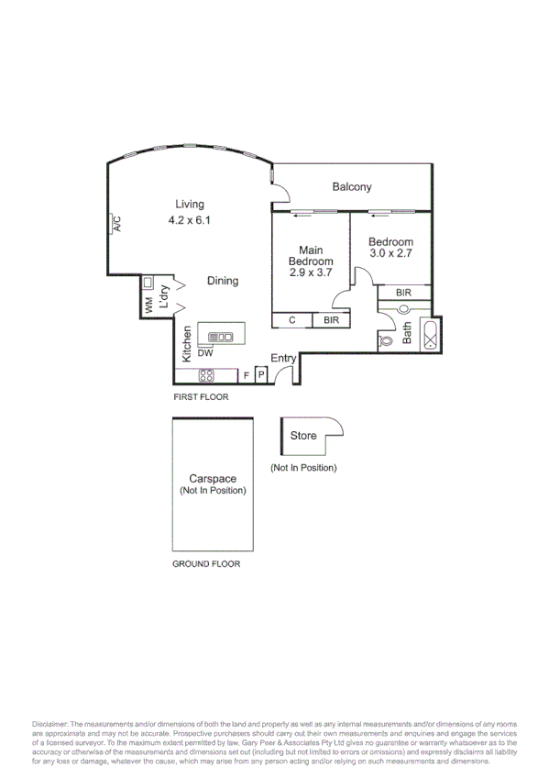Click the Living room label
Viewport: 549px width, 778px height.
coord(191,205)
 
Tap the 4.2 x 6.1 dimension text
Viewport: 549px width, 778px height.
coord(191,220)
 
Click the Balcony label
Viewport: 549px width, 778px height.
coord(352,187)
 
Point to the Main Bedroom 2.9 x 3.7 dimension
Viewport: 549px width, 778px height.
coord(310,272)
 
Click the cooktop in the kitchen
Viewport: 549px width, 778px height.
coord(206,374)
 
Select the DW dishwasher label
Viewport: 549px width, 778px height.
coord(205,352)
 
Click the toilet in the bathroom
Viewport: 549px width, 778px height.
coord(387,340)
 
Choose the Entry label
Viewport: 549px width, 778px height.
coord(283,358)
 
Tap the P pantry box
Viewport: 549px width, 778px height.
coord(260,374)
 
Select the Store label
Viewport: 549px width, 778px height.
coord(303,435)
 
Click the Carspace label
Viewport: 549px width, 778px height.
coord(213,478)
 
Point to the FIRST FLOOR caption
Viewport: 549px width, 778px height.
coord(201,397)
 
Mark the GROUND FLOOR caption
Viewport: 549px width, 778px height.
coord(206,563)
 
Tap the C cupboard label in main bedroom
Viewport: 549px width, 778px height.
coord(292,320)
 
